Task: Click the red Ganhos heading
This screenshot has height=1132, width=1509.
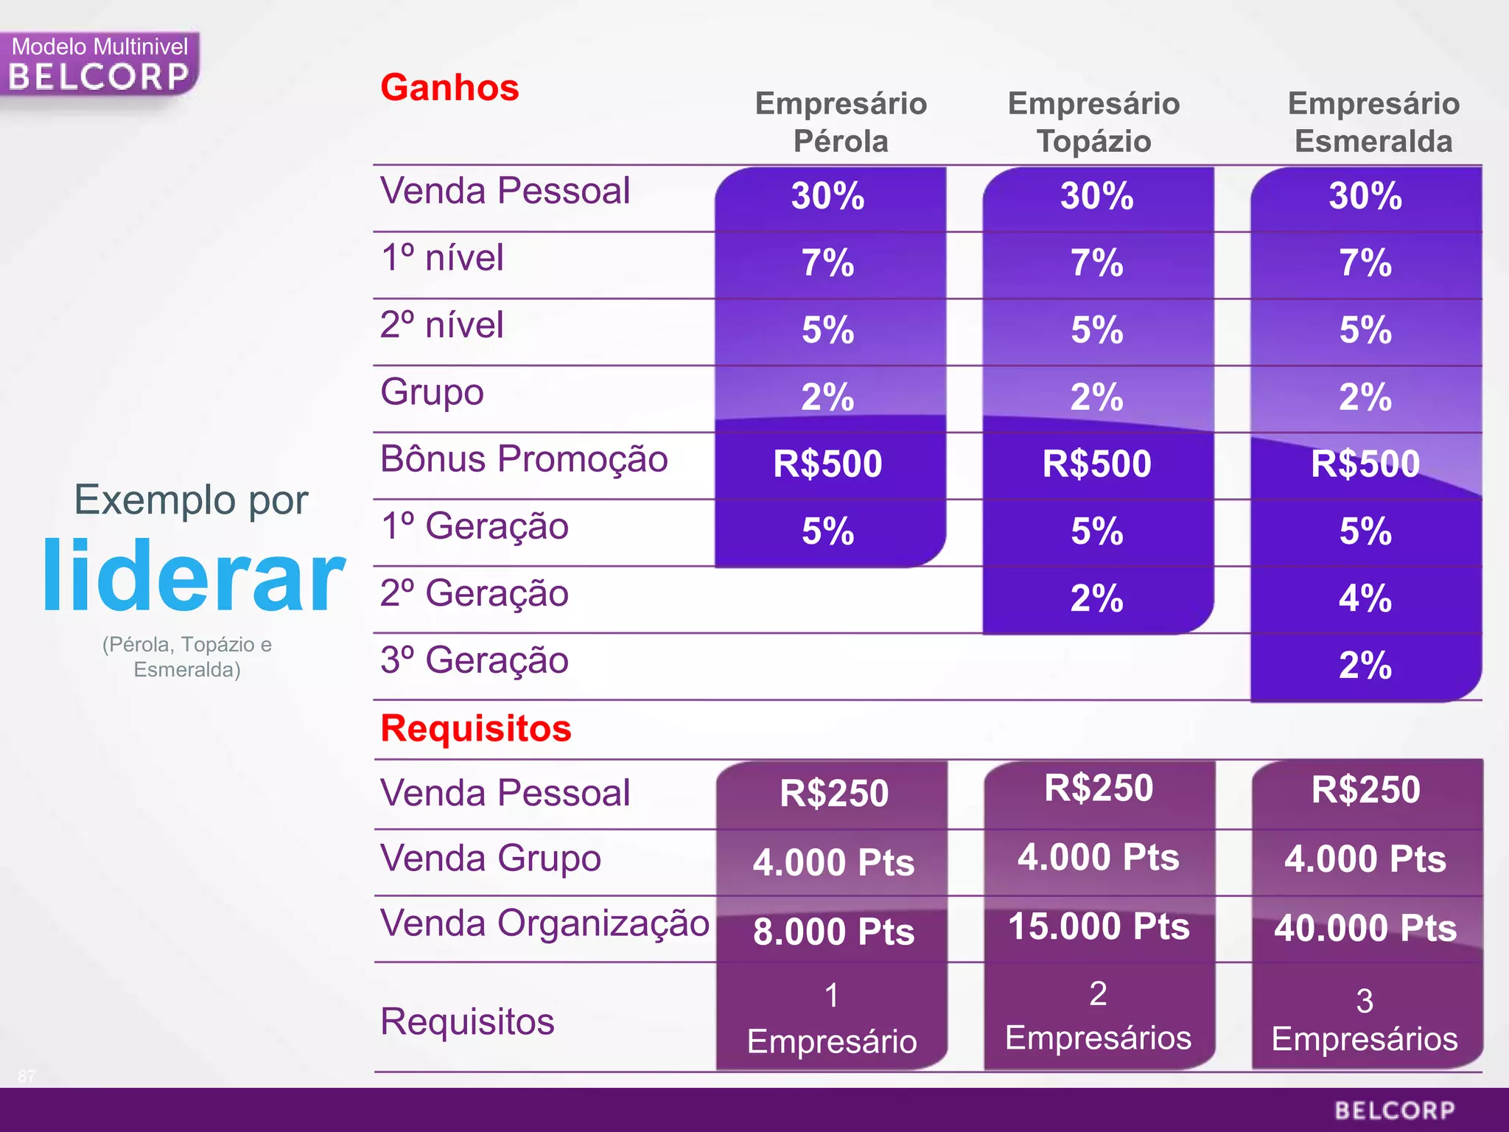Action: [449, 88]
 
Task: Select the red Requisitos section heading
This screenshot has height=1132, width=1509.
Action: [475, 729]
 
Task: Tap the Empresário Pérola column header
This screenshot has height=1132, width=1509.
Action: [841, 122]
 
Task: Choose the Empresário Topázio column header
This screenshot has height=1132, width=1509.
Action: [1093, 122]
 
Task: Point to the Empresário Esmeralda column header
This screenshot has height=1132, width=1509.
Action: [1373, 122]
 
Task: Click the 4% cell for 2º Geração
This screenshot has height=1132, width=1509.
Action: [1365, 598]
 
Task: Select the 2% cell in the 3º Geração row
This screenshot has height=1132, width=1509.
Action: [1365, 665]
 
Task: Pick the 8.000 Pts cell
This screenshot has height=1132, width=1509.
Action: [833, 932]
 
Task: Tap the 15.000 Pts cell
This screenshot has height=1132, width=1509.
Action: [1098, 926]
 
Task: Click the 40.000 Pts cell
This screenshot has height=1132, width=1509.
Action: [1365, 928]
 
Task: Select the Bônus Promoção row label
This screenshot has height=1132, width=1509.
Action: [524, 459]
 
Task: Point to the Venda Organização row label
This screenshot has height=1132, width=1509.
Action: [544, 923]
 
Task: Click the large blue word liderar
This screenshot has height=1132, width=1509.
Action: [193, 576]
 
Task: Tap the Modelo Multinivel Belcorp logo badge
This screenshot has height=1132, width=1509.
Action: [99, 65]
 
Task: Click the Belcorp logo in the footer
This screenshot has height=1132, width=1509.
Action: [1394, 1110]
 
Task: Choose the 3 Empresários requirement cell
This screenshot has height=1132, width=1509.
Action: [1365, 1020]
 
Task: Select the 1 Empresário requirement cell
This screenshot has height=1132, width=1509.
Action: [832, 1019]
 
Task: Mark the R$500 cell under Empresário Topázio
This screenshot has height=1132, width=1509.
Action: [1096, 464]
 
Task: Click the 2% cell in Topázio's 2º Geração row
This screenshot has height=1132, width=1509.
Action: [1096, 598]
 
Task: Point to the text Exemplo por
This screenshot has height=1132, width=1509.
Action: [191, 500]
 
